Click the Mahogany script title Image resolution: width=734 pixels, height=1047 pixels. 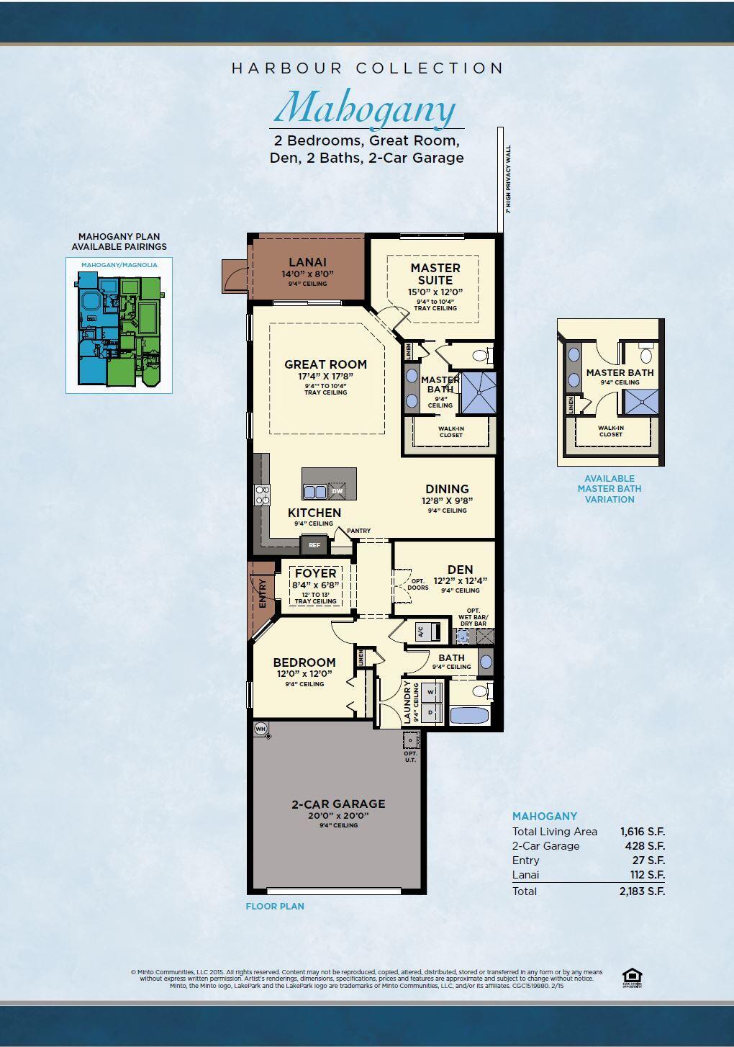pyautogui.click(x=366, y=109)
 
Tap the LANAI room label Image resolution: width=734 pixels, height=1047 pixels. pyautogui.click(x=307, y=263)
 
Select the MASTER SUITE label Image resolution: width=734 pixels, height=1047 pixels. pyautogui.click(x=435, y=274)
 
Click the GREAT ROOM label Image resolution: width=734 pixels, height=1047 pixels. pyautogui.click(x=325, y=364)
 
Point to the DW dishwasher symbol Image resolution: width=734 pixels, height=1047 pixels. pyautogui.click(x=337, y=491)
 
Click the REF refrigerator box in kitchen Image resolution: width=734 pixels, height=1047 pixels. pyautogui.click(x=314, y=545)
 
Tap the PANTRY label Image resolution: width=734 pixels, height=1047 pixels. pyautogui.click(x=358, y=531)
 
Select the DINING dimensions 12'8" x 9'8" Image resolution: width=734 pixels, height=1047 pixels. pyautogui.click(x=447, y=500)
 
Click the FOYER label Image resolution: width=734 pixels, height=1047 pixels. pyautogui.click(x=315, y=573)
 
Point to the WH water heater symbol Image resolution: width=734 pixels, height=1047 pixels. pyautogui.click(x=260, y=729)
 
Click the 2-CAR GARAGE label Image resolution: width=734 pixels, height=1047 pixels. pyautogui.click(x=338, y=804)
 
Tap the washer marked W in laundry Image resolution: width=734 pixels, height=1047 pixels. pyautogui.click(x=431, y=692)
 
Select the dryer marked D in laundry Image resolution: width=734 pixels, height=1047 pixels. pyautogui.click(x=431, y=711)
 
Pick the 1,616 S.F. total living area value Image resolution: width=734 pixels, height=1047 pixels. pyautogui.click(x=642, y=832)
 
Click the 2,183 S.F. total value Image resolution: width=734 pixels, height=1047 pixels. pyautogui.click(x=642, y=891)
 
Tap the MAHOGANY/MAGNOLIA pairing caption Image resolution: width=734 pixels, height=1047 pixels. pyautogui.click(x=119, y=265)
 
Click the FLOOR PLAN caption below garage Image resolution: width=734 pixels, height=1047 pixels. pyautogui.click(x=275, y=907)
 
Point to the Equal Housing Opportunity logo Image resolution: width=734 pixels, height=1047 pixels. pyautogui.click(x=632, y=978)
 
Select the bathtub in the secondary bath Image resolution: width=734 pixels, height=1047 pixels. pyautogui.click(x=469, y=716)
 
